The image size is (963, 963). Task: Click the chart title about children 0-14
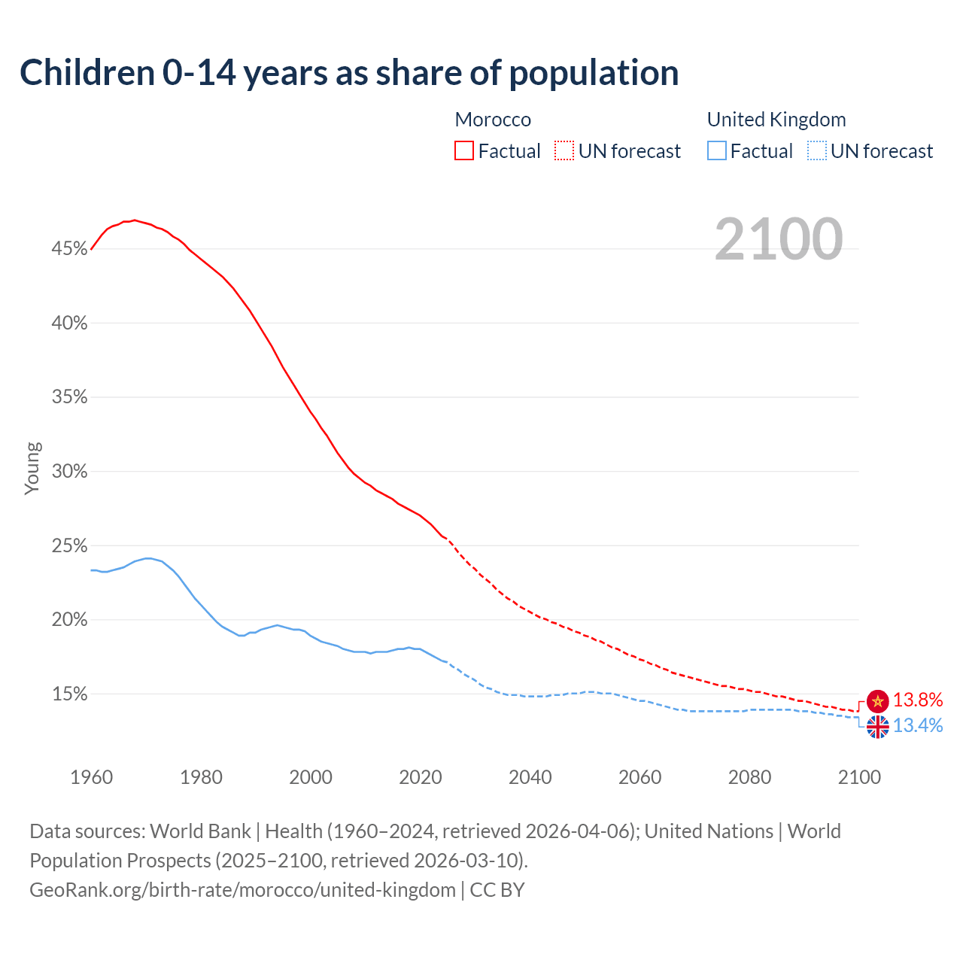tap(349, 73)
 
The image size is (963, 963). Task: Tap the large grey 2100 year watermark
tap(778, 239)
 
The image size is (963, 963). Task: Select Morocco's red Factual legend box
tap(464, 150)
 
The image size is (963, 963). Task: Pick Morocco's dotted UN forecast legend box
tap(564, 150)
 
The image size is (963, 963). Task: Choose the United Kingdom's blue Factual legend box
tap(717, 150)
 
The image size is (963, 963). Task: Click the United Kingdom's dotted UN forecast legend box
tap(817, 150)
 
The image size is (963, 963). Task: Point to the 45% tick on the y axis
tap(70, 249)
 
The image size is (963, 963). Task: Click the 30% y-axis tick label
tap(70, 472)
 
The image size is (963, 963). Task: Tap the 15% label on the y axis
tap(70, 694)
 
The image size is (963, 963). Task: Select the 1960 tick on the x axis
tap(91, 777)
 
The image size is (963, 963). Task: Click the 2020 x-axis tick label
tap(421, 777)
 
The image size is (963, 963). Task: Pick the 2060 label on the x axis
tap(639, 777)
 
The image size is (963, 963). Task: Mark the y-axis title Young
tap(32, 468)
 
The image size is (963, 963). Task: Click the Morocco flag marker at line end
tap(877, 701)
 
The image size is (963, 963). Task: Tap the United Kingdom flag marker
tap(877, 727)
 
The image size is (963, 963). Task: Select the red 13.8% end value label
tap(918, 700)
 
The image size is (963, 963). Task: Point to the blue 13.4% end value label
tap(918, 726)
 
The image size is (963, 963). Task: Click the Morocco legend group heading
tap(493, 120)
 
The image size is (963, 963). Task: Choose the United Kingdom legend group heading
tap(776, 120)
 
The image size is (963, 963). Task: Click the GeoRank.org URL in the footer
tap(242, 890)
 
